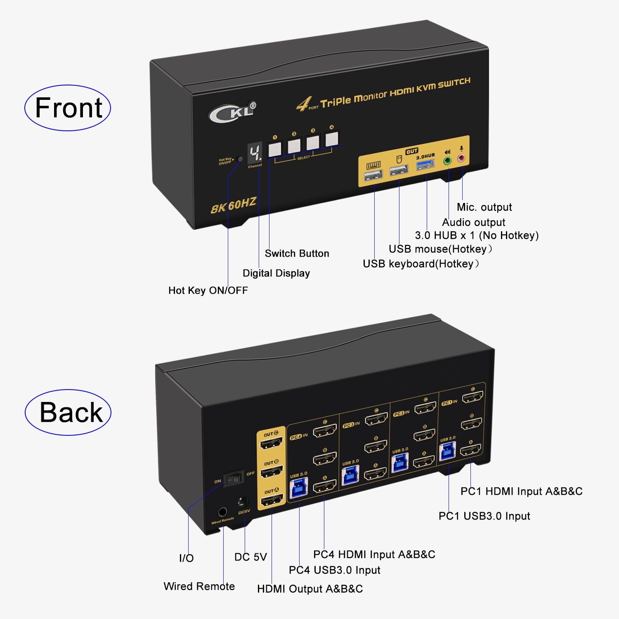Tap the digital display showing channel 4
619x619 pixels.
[x=255, y=153]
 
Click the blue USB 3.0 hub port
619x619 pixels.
[x=425, y=165]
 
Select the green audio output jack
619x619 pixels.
[x=447, y=161]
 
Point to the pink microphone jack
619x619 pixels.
[x=461, y=158]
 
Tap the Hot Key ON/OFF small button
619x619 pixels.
[x=240, y=159]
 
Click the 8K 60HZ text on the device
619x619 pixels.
[x=234, y=205]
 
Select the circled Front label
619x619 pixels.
[x=68, y=108]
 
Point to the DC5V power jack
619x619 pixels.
[x=242, y=502]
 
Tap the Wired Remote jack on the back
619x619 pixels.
[x=223, y=513]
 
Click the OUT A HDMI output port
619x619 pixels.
[x=271, y=501]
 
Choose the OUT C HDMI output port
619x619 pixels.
[x=271, y=443]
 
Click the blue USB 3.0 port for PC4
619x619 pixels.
[x=299, y=488]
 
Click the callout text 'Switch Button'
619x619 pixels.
[x=297, y=253]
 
